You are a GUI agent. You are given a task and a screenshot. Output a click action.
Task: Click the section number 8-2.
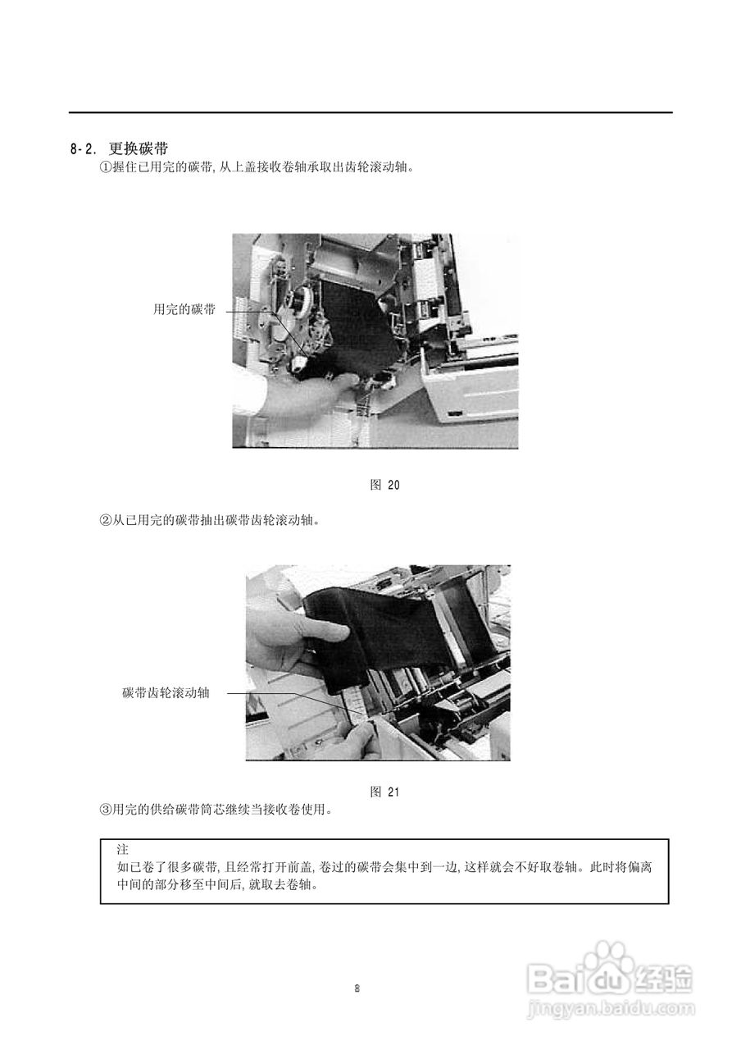tap(84, 149)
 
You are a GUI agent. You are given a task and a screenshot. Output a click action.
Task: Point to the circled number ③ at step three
tap(105, 810)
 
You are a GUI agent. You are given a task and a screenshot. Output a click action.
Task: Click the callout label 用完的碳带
tap(184, 310)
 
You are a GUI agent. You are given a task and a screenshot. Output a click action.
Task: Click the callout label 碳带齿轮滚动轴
tap(166, 693)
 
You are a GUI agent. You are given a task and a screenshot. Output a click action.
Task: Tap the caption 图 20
tap(385, 485)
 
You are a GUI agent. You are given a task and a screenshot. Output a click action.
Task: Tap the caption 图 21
tap(384, 792)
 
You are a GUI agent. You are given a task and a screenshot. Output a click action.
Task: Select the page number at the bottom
tap(357, 988)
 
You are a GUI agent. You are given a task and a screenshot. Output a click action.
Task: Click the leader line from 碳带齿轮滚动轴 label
tap(262, 693)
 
